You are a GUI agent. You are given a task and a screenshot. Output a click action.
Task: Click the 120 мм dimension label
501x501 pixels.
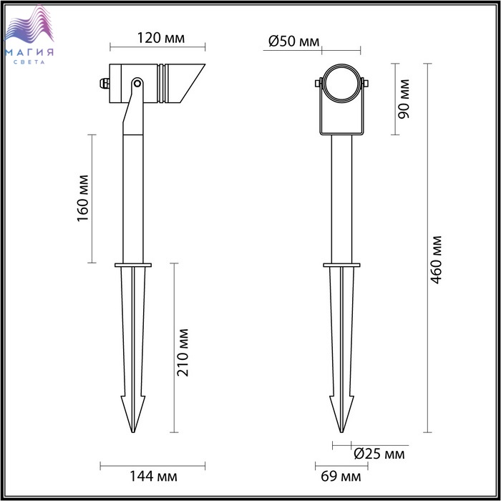pos(161,38)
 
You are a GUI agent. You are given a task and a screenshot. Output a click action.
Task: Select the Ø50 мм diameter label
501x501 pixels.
pos(294,42)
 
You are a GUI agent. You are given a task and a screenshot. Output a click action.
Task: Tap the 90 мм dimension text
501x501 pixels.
pos(404,99)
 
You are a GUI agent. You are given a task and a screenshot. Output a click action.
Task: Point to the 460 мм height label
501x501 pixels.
pos(436,260)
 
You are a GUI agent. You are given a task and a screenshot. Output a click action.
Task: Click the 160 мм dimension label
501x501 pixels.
pos(83,198)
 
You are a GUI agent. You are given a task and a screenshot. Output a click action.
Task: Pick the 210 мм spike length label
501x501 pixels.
pos(183,352)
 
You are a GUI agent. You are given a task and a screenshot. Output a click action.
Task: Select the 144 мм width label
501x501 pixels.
pos(153,477)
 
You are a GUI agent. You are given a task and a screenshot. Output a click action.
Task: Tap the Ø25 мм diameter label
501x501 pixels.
pos(379,454)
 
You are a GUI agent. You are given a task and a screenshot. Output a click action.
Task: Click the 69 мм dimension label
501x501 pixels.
pos(341,477)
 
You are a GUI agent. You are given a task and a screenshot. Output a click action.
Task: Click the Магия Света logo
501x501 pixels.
pos(29,35)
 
